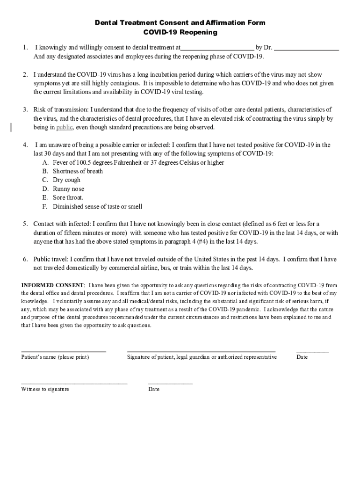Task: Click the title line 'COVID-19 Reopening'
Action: tap(180, 32)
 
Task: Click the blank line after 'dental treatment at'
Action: tap(217, 49)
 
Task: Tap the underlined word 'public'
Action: tap(64, 127)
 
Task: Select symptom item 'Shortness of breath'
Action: tap(78, 171)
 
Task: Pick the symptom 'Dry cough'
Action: tap(66, 180)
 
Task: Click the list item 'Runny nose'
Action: tap(68, 189)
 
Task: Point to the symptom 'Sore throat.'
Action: tap(68, 197)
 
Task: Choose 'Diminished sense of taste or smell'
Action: tap(97, 206)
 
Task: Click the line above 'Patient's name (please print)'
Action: tap(64, 351)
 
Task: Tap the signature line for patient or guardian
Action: tap(201, 351)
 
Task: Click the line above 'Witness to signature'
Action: tap(74, 383)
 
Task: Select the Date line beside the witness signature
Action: tap(170, 383)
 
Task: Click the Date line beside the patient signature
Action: tap(312, 351)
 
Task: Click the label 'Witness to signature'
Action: tap(45, 389)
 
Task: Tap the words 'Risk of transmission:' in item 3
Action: tap(61, 109)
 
